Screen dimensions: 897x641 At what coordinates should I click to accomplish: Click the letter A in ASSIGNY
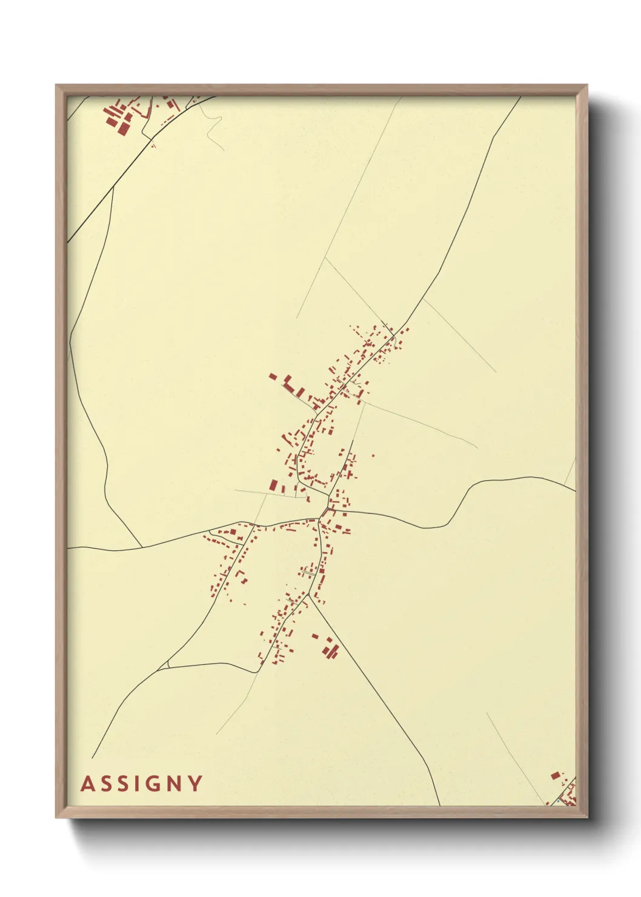88,784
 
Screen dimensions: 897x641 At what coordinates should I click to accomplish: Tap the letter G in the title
154,784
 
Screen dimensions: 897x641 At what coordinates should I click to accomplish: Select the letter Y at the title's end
195,784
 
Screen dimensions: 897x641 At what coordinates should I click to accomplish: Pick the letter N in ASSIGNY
175,784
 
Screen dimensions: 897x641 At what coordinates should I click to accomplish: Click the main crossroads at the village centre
319,519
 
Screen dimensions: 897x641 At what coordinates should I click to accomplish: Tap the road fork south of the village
310,595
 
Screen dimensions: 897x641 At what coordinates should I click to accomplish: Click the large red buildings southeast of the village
330,650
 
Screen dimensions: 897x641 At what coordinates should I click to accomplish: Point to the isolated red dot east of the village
373,456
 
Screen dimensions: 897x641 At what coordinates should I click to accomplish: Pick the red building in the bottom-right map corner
555,775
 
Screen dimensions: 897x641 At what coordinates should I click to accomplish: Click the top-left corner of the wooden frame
56,85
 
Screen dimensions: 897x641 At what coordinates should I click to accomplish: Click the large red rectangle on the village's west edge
274,485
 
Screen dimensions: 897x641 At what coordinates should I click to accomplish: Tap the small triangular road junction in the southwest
164,665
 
